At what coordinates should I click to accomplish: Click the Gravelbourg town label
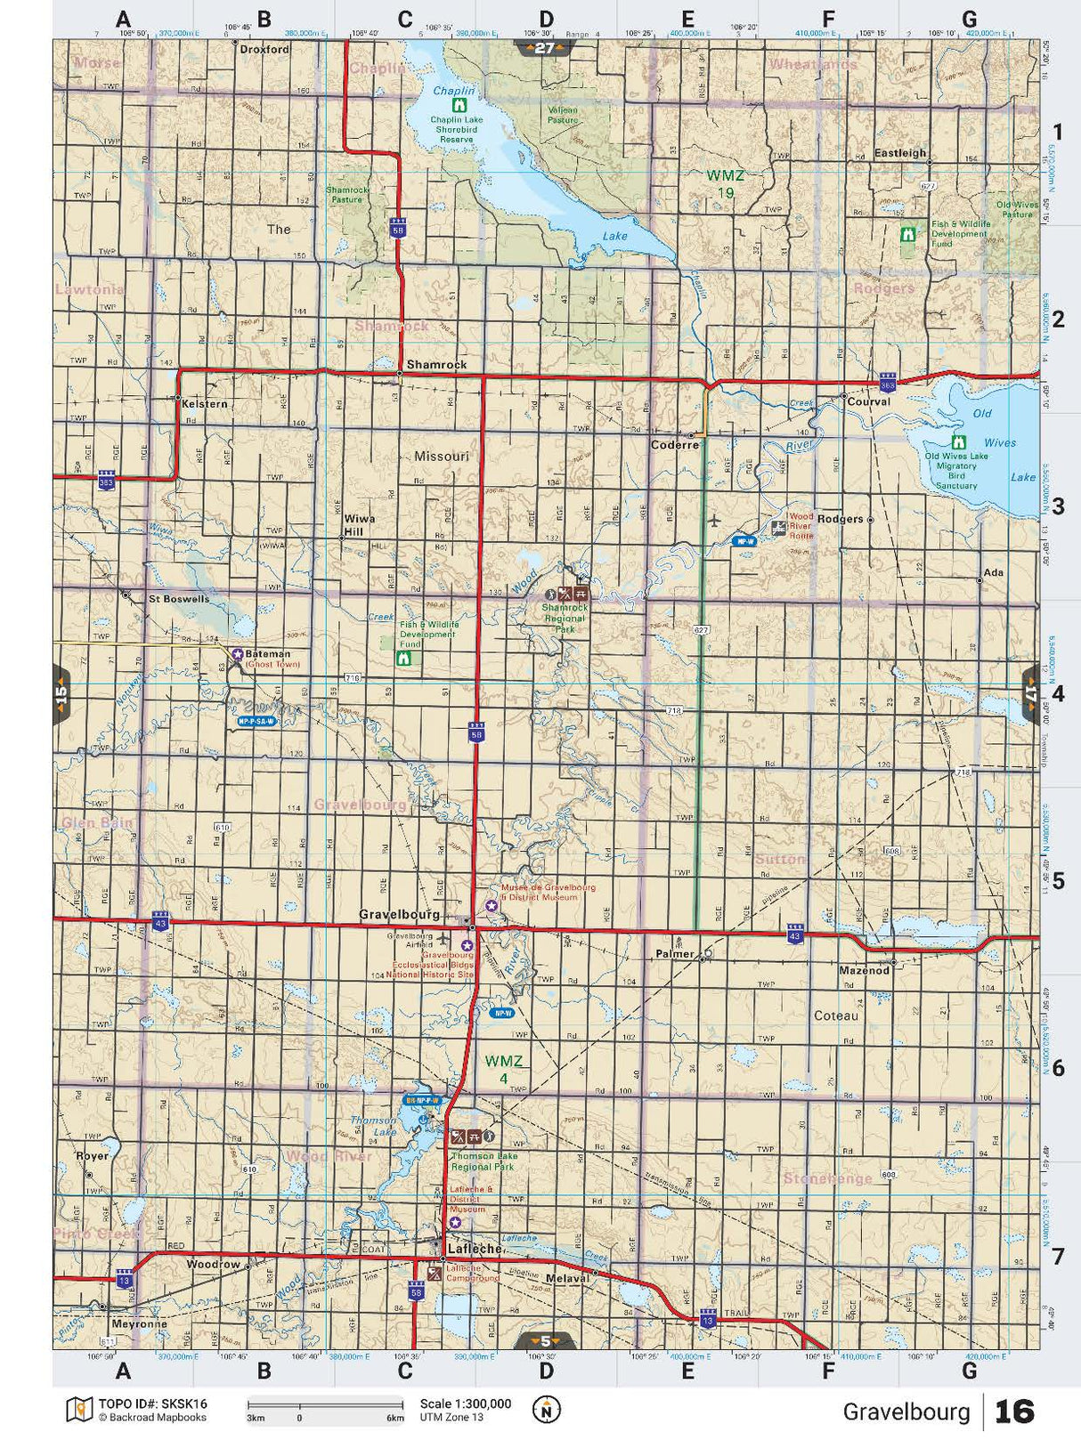coord(399,914)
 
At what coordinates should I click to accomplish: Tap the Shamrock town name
coord(436,365)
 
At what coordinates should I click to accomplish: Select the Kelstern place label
coord(205,404)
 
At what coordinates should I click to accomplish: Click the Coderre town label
coord(675,445)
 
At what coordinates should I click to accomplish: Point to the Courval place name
coord(868,401)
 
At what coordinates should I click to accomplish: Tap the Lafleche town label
coord(475,1249)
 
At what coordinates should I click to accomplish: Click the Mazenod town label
coord(864,970)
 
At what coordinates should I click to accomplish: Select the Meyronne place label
coord(140,1323)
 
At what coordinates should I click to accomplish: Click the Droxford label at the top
coord(264,50)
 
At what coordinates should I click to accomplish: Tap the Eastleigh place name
coord(900,153)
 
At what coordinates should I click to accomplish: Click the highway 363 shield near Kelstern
coord(107,481)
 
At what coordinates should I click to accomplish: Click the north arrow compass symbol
coord(546,1410)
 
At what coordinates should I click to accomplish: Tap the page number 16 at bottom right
coord(1014,1412)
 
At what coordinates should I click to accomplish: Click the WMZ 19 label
coord(725,183)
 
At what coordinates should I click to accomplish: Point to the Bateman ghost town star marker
coord(238,654)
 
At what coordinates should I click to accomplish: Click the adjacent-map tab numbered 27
coord(544,48)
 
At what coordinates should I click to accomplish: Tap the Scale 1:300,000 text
coord(466,1404)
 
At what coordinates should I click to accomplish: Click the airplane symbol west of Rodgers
coord(713,520)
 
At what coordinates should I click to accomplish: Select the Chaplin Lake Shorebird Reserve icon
coord(460,105)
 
